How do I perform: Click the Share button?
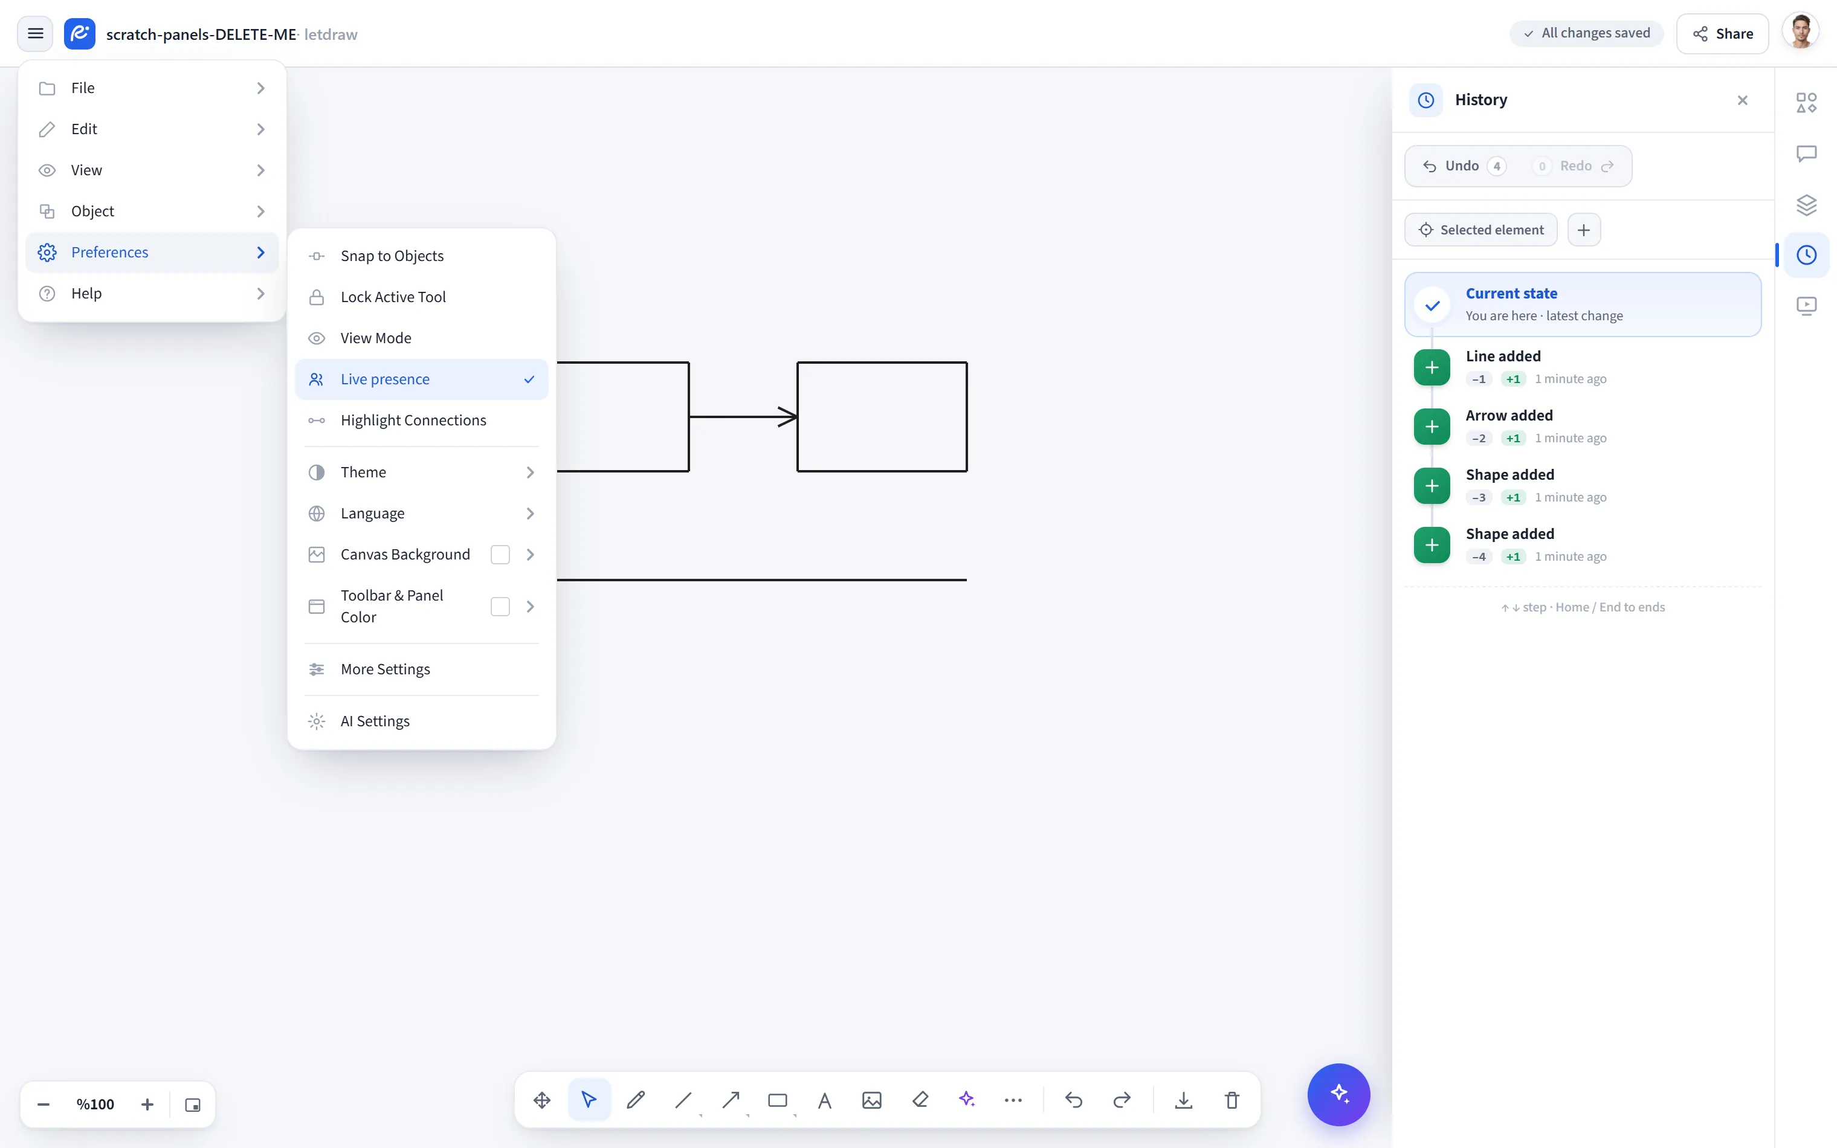(1722, 33)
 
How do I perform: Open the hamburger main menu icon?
(35, 33)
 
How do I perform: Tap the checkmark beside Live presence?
(529, 379)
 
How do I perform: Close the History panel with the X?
(1742, 100)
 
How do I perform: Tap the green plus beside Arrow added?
(1432, 427)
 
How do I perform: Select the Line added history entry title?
(1503, 356)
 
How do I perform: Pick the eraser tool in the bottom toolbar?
(920, 1100)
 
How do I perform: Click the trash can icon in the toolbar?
(1232, 1100)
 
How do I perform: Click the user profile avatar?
(1801, 33)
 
